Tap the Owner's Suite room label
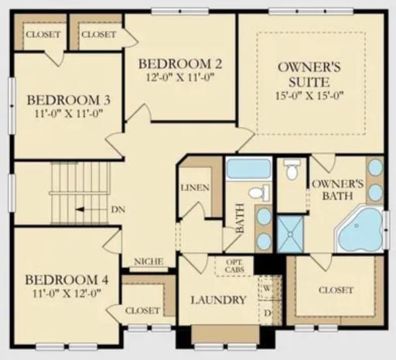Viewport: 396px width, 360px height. (309, 74)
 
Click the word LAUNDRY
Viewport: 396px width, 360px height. (217, 300)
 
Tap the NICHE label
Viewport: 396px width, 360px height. (148, 262)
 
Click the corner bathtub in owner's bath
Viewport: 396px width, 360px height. (360, 230)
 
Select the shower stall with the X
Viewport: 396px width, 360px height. (292, 231)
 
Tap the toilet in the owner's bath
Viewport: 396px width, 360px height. (292, 170)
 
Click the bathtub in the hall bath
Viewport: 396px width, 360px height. (248, 169)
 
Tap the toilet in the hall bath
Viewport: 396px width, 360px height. (262, 192)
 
